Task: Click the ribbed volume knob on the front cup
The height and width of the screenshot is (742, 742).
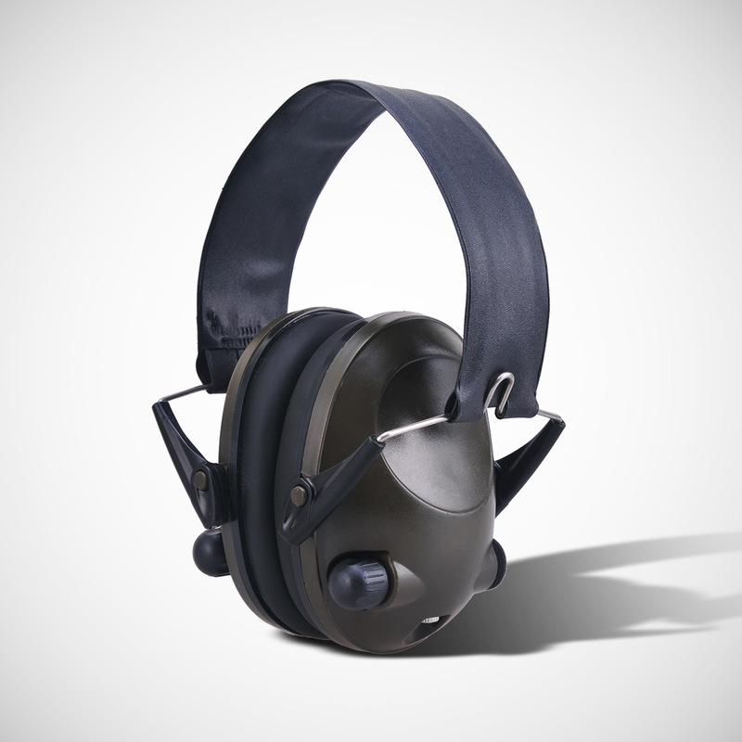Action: pos(356,582)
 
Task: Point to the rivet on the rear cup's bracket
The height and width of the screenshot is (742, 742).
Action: pos(199,480)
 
